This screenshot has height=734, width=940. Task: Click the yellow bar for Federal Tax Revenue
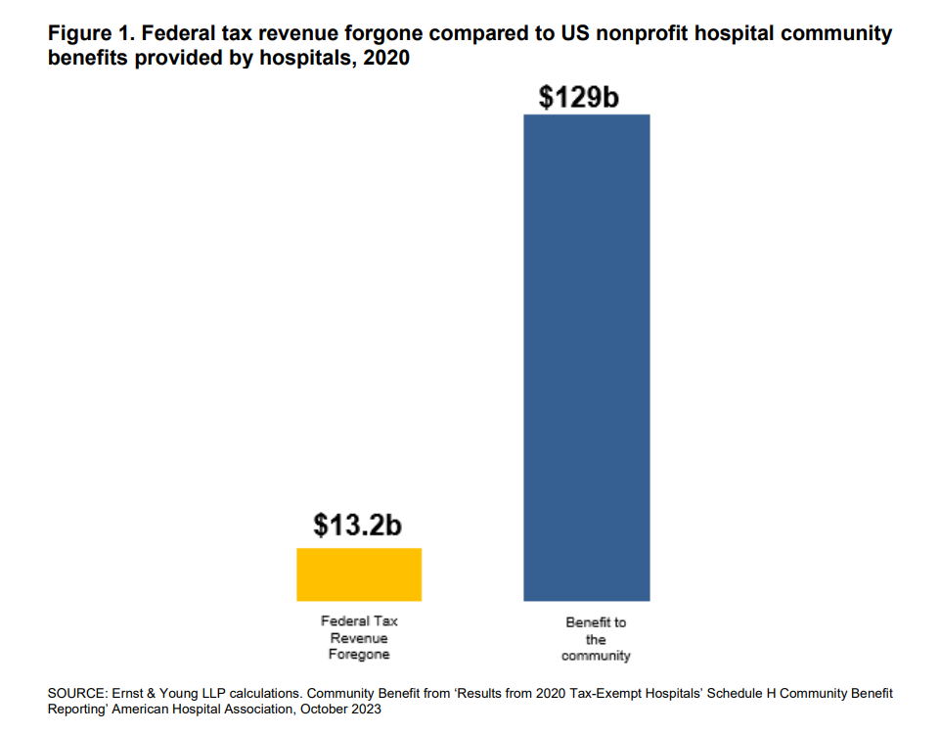pyautogui.click(x=359, y=574)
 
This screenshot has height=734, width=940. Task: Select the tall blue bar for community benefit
pyautogui.click(x=587, y=357)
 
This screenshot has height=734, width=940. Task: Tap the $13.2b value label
pyautogui.click(x=358, y=525)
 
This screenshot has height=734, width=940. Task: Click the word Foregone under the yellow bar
pyautogui.click(x=359, y=655)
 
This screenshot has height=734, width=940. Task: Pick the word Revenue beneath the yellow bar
pyautogui.click(x=359, y=638)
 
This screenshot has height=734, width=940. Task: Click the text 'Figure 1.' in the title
pyautogui.click(x=90, y=34)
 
